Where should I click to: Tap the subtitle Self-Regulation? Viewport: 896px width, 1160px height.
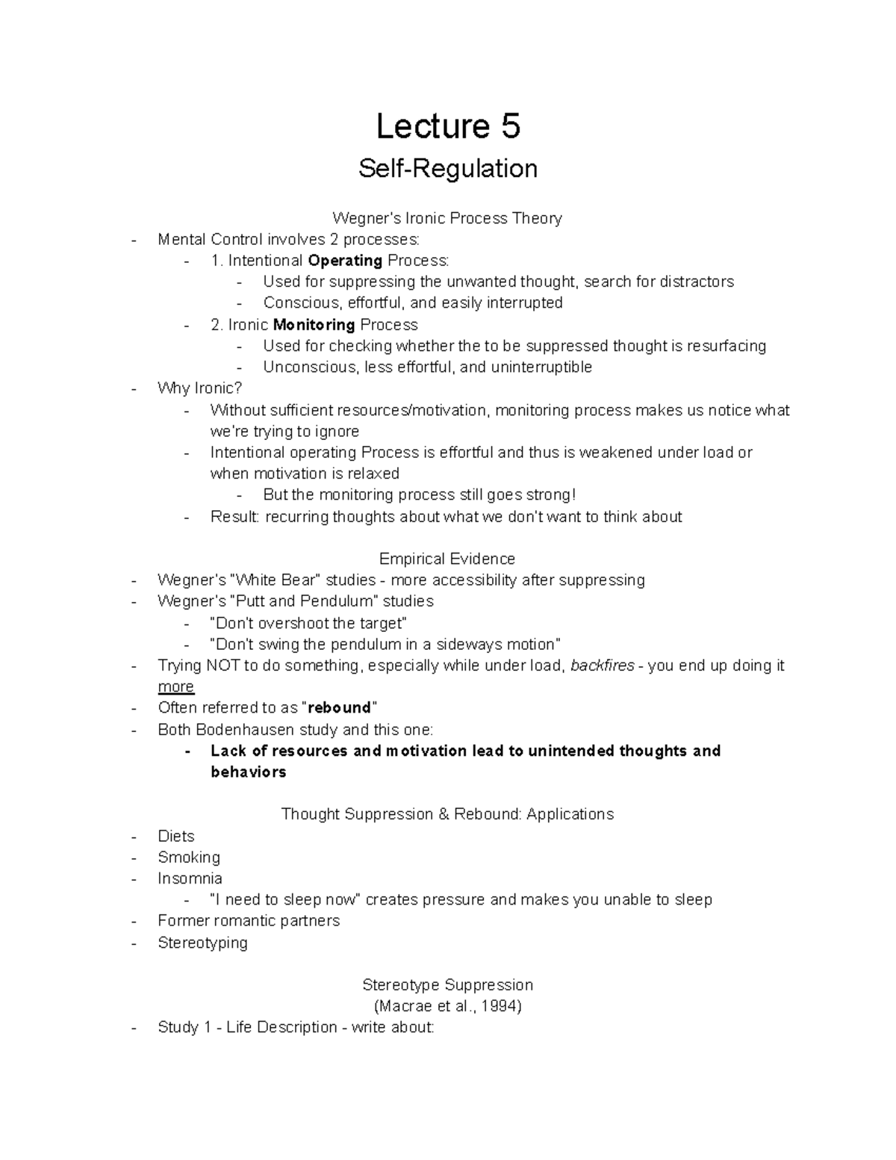click(x=447, y=169)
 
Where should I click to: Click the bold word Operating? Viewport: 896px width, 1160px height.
click(x=345, y=261)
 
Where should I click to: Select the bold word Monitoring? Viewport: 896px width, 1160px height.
click(x=314, y=325)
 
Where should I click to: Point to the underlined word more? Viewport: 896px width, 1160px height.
click(x=175, y=687)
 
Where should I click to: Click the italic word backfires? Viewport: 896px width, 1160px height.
click(x=603, y=666)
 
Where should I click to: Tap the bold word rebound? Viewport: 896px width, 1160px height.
click(x=340, y=708)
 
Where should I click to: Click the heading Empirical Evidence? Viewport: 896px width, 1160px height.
click(x=447, y=559)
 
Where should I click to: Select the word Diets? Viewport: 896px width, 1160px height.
click(x=175, y=837)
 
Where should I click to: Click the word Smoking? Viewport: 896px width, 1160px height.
click(x=189, y=857)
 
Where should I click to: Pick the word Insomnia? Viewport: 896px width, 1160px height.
click(x=190, y=878)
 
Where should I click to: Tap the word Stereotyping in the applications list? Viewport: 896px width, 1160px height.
click(x=202, y=943)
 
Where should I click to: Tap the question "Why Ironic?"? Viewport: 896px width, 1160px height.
click(x=199, y=388)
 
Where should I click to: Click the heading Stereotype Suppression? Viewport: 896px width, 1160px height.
click(x=447, y=985)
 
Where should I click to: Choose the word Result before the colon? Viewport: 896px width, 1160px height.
click(x=233, y=517)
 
